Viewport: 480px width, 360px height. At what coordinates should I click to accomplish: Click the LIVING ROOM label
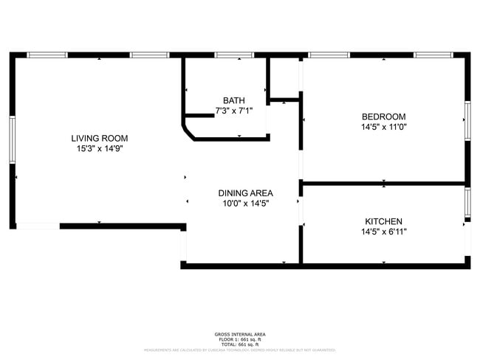point(99,138)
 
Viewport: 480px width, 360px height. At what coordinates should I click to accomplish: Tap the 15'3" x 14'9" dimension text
point(99,148)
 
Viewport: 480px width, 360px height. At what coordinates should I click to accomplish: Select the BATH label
point(233,100)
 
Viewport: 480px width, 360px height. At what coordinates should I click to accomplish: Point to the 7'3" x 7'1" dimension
point(233,111)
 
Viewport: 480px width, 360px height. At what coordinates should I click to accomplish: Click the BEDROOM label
point(383,117)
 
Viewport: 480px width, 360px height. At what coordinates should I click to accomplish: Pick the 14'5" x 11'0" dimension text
point(383,127)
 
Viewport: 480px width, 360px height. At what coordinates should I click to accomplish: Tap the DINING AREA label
point(245,193)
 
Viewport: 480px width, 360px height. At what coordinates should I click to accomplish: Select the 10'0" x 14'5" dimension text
point(245,204)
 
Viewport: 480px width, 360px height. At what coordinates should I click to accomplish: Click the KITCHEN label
point(383,221)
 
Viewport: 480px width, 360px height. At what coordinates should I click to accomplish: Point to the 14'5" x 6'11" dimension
point(383,232)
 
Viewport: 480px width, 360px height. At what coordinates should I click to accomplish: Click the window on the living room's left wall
point(13,139)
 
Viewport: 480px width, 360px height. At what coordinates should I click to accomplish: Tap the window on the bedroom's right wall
point(467,120)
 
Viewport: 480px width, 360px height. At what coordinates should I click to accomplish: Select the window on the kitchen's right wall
point(467,203)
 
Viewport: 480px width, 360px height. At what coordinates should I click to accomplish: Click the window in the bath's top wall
point(234,55)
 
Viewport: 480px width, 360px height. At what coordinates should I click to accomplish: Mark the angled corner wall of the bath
point(189,132)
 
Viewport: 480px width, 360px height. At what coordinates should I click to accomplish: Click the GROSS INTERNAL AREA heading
point(239,334)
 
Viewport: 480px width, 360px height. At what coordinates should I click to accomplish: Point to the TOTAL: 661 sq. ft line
point(239,344)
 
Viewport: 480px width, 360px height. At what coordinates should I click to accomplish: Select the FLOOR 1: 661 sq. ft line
point(239,339)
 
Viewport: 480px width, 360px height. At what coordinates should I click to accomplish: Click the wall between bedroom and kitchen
point(383,182)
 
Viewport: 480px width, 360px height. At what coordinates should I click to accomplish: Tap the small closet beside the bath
point(284,76)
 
